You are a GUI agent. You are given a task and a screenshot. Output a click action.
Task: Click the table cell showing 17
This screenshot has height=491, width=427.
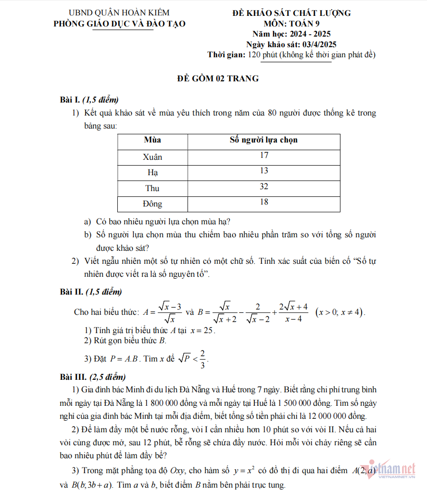pos(264,155)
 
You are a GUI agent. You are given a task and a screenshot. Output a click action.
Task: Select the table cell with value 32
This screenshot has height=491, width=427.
pos(264,187)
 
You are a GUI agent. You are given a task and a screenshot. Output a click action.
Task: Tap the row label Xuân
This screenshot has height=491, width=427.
pos(152,157)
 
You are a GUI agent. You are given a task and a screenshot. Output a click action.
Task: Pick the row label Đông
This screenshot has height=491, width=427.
pos(152,204)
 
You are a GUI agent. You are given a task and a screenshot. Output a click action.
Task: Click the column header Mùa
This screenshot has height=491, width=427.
pos(152,140)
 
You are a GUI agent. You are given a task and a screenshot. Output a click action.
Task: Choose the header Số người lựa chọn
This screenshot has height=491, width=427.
pos(264,140)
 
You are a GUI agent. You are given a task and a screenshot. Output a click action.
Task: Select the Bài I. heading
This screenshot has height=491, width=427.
pos(70,100)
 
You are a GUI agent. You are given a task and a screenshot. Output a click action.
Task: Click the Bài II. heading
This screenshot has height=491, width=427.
pos(72,292)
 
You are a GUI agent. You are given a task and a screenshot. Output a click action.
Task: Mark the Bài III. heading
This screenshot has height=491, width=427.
pos(73,376)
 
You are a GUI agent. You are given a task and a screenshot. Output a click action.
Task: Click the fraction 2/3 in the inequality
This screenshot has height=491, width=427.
pos(203,359)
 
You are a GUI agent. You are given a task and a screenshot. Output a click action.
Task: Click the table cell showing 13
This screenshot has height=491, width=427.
pos(264,171)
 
